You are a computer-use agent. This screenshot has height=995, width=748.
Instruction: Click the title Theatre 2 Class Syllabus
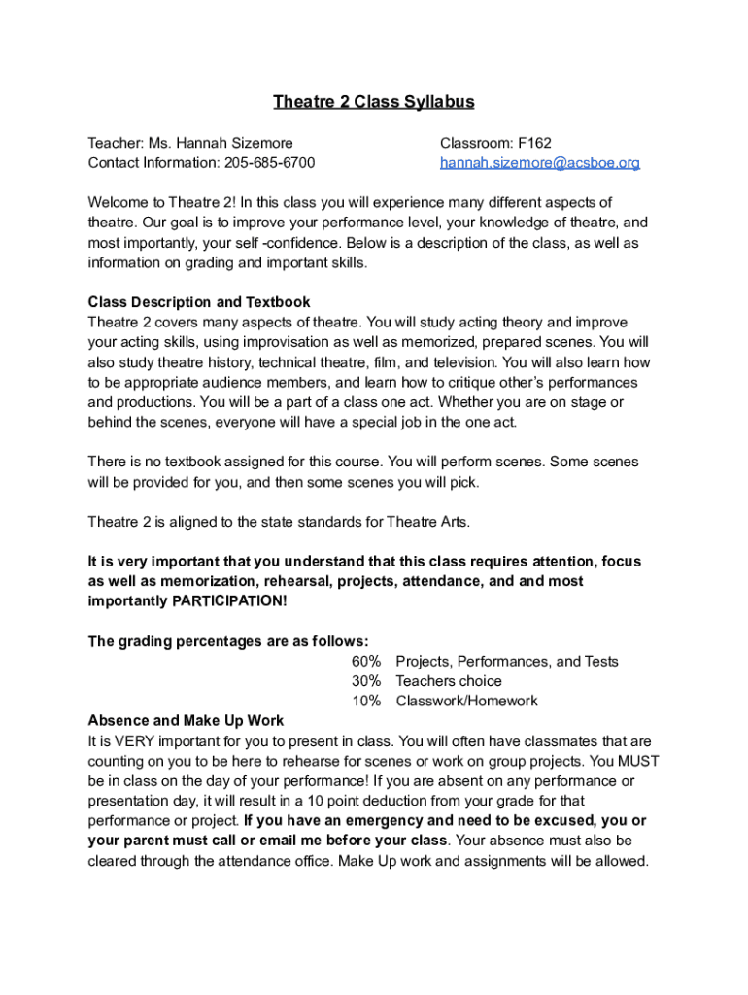click(x=373, y=102)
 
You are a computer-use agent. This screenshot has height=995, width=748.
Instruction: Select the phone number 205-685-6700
click(x=270, y=163)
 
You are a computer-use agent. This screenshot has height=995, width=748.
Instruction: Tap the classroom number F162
click(x=534, y=143)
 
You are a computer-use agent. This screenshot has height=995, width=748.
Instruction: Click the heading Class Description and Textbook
click(x=199, y=302)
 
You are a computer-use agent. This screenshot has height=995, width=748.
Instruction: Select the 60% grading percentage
click(x=366, y=662)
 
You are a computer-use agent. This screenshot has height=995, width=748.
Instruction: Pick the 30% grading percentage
click(x=366, y=681)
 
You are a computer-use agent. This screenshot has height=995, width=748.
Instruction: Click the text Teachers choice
click(x=449, y=681)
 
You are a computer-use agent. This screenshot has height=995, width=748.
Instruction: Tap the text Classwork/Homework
click(x=466, y=701)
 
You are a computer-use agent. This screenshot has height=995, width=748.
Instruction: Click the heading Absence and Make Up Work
click(x=186, y=720)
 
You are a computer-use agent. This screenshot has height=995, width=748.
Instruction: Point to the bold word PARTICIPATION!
click(x=229, y=601)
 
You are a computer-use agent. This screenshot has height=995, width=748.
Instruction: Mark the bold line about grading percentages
click(x=228, y=641)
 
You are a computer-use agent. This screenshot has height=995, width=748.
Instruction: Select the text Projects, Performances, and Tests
click(x=507, y=662)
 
